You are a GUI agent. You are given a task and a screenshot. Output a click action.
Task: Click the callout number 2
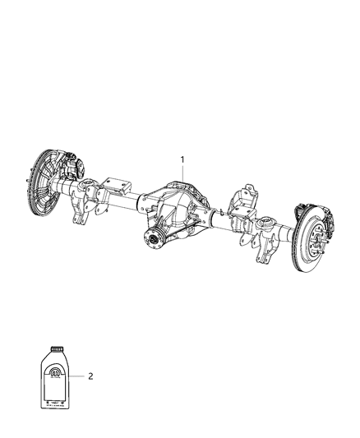tap(90, 377)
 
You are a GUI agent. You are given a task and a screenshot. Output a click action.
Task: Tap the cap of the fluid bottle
tap(57, 347)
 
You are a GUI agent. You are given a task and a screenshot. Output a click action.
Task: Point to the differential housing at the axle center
tap(183, 213)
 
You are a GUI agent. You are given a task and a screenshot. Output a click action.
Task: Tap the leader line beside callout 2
tap(79, 377)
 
